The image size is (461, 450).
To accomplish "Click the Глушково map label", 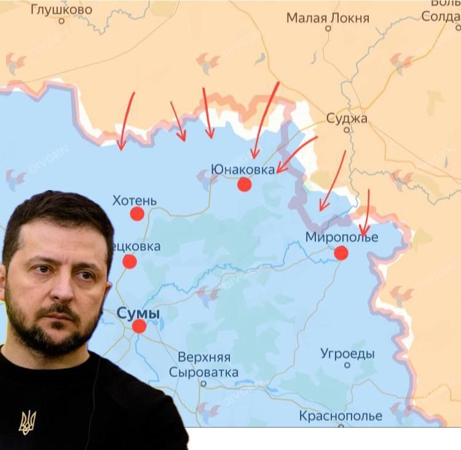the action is pos(61,9).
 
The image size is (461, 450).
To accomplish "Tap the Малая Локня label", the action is pos(328,18).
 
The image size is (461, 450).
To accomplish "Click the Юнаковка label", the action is pos(243,169).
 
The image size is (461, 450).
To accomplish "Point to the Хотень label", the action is pos(135,200).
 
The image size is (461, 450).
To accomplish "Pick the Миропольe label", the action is pos(342,237).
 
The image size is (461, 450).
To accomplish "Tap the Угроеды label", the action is pos(347,353).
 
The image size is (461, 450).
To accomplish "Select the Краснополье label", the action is pos(341,416).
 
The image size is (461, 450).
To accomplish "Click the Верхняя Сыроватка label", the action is pos(203,365).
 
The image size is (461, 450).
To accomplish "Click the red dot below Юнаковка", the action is pos(245,184).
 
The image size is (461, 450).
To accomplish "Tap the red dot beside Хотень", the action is pos(137,214).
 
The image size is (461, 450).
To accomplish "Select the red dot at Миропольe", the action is pos(341,253).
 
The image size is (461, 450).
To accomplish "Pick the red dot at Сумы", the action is pos(139,326).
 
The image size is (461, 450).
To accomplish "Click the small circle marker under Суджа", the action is pos(347,130).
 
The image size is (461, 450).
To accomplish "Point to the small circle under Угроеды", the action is pos(347,365).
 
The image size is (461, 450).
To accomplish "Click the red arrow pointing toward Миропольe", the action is pos(365,213).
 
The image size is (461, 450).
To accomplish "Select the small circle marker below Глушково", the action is pos(61,21).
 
